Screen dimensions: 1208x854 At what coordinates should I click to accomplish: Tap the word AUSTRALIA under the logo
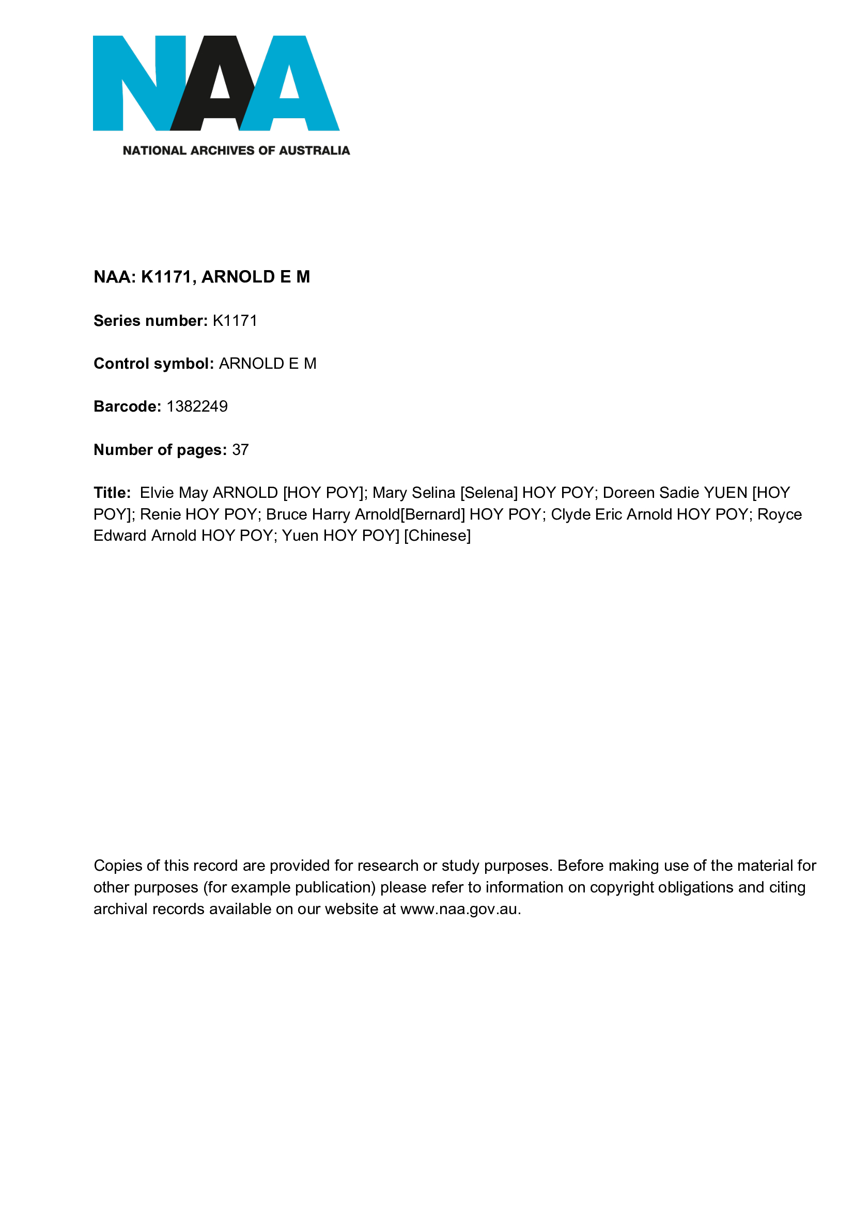point(314,151)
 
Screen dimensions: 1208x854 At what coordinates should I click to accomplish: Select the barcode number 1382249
point(197,406)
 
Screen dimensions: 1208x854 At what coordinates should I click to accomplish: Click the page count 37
point(240,450)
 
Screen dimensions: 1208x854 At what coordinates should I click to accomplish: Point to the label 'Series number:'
point(150,321)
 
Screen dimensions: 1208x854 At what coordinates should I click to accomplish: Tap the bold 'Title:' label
point(112,493)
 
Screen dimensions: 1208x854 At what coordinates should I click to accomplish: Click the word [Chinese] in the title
point(437,536)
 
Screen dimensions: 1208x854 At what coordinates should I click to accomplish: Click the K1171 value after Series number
point(235,321)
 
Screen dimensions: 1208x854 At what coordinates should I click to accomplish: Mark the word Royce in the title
point(779,514)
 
